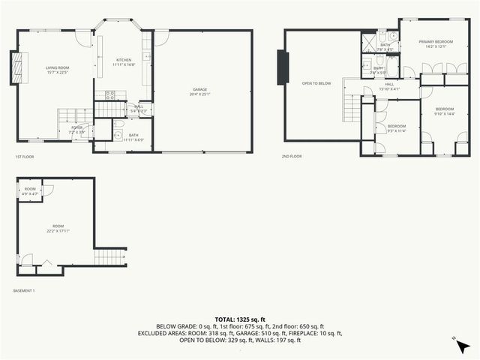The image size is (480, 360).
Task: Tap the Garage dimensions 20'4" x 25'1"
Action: (199, 94)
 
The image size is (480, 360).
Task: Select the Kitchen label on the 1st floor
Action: (123, 60)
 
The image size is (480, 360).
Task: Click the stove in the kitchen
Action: (109, 95)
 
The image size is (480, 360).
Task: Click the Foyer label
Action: (77, 128)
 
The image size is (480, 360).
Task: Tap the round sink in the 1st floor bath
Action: (118, 135)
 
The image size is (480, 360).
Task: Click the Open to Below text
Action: (316, 83)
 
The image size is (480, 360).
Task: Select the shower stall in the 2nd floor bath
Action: (370, 43)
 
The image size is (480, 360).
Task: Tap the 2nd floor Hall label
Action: (389, 85)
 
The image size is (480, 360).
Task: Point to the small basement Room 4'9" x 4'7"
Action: (30, 191)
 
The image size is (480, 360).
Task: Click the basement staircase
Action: (109, 259)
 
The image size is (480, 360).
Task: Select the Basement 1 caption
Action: (24, 290)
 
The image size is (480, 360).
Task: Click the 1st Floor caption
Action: (24, 157)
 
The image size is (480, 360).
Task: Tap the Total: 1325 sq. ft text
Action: (239, 319)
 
